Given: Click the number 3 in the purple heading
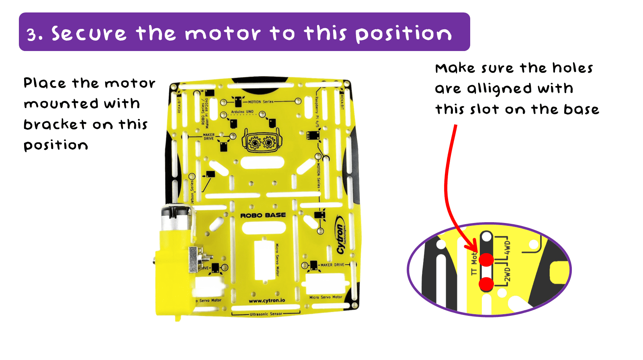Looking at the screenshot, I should [x=32, y=35].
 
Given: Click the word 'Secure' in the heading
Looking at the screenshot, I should [x=88, y=34].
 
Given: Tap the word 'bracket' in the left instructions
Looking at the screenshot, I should [x=55, y=125].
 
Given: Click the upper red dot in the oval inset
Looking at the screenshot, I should [x=486, y=260].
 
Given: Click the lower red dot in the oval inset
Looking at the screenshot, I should [x=486, y=284].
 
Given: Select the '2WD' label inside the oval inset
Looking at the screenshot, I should [x=507, y=274].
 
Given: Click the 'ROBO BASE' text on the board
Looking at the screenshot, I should [x=263, y=215].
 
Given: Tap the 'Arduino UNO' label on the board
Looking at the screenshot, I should [x=242, y=112].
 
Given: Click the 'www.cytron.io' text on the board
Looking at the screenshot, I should [x=267, y=301].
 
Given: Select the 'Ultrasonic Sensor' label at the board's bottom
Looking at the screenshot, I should [x=266, y=314].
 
